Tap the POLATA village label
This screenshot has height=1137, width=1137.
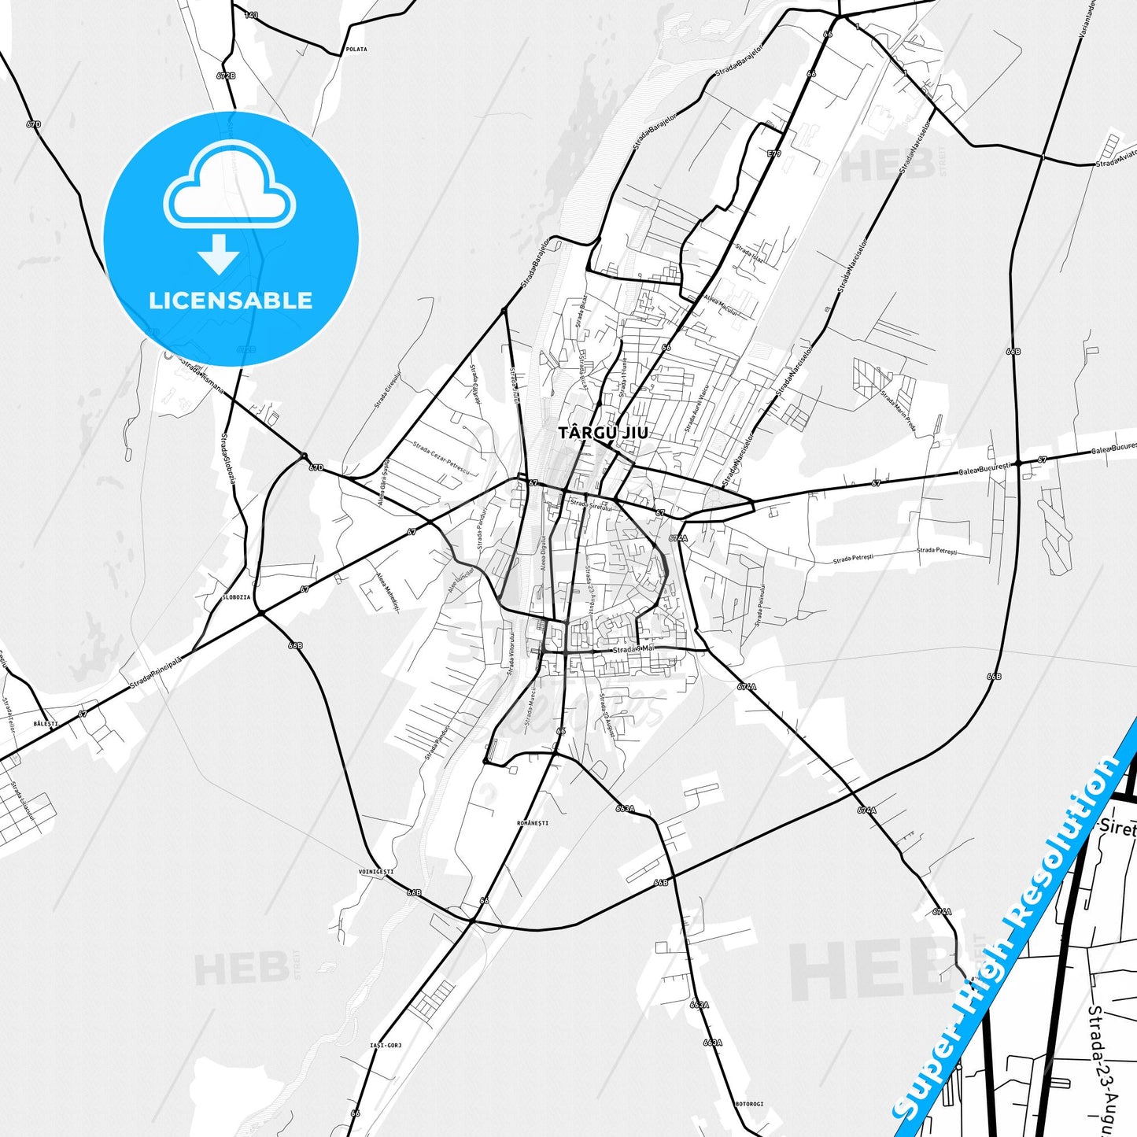coord(356,50)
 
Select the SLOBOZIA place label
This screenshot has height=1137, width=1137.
coord(236,597)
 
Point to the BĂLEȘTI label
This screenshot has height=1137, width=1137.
coord(46,722)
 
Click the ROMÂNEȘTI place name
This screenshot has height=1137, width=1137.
coord(533,823)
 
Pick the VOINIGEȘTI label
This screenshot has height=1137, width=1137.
coord(375,872)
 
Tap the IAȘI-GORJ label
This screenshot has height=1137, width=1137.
coord(386,1045)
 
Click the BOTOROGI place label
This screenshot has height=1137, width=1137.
coord(748,1104)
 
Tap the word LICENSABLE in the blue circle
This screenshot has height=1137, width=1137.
coord(231,301)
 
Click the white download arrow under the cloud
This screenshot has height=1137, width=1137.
coord(219,253)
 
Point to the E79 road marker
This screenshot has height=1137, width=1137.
coord(774,154)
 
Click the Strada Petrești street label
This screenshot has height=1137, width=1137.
coord(853,559)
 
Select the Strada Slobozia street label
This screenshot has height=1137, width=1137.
coord(227,457)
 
